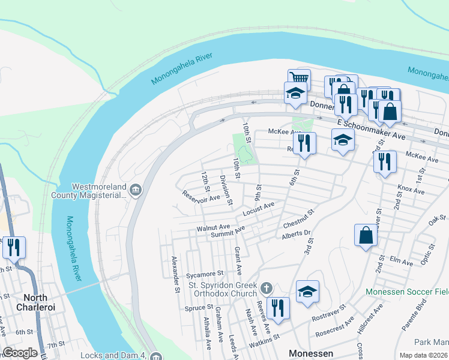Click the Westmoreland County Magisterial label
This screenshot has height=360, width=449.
click(x=99, y=190)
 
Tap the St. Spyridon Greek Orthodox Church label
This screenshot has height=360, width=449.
click(x=223, y=289)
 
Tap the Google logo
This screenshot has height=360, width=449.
click(x=20, y=353)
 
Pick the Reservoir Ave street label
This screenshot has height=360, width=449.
click(x=202, y=196)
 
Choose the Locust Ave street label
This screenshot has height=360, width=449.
click(x=259, y=209)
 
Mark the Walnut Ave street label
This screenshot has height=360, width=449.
click(x=213, y=228)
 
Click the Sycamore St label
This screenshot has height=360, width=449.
click(x=204, y=274)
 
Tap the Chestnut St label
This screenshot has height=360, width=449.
click(x=298, y=219)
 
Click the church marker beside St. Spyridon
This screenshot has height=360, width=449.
click(x=267, y=287)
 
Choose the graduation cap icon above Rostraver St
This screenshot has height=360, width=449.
click(x=307, y=291)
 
